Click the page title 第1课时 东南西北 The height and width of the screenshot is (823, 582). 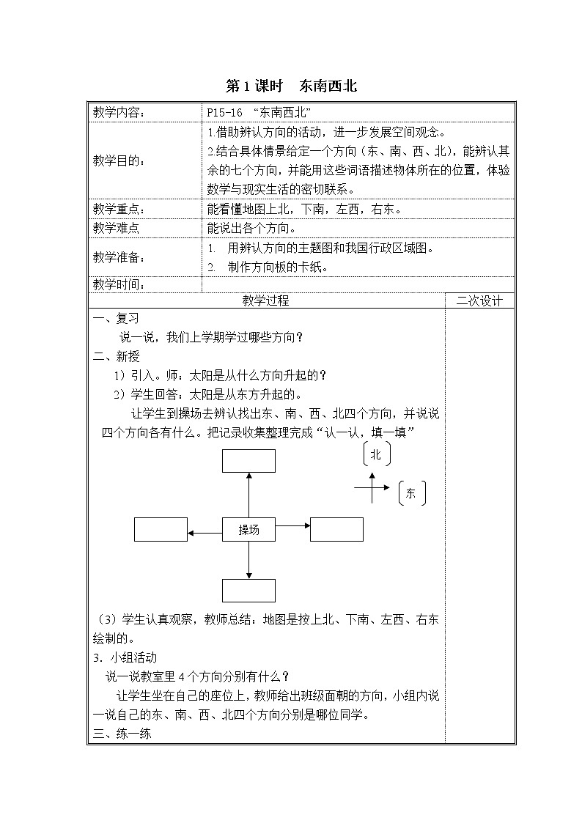[x=291, y=86]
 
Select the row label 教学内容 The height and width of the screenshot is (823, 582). [x=119, y=112]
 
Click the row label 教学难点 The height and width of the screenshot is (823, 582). [x=116, y=228]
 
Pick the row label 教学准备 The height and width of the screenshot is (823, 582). [x=119, y=257]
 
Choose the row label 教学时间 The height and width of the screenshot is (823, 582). [x=119, y=284]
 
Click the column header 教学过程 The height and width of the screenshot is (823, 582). [x=266, y=300]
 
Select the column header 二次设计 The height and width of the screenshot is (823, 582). [x=479, y=300]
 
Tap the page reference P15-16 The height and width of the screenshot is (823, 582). [x=224, y=112]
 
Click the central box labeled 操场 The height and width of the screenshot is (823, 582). [x=248, y=529]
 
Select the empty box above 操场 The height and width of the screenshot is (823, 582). [x=248, y=461]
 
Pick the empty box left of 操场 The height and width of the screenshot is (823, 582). [x=161, y=529]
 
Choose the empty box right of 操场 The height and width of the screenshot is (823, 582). [x=336, y=529]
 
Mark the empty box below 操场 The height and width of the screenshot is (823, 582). [x=248, y=590]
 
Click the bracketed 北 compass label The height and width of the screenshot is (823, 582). [x=376, y=454]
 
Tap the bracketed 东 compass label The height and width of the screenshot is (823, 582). [x=410, y=493]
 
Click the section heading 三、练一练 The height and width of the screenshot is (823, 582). [x=122, y=734]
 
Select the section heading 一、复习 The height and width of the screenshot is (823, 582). [x=116, y=318]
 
